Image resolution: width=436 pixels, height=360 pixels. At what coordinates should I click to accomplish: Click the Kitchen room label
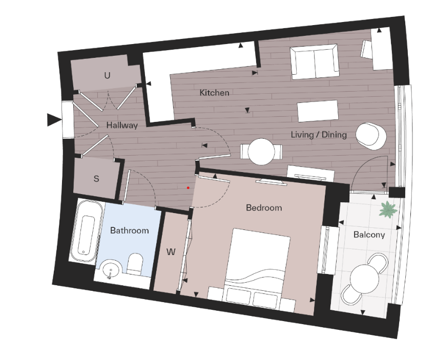214,93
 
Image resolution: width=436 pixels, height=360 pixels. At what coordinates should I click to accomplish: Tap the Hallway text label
122,125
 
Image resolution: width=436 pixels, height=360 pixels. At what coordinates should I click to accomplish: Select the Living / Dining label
318,135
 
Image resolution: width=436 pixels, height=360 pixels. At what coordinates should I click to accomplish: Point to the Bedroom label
264,207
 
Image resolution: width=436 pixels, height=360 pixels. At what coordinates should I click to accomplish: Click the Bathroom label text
129,230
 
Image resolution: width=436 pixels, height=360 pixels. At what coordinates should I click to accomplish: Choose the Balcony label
369,235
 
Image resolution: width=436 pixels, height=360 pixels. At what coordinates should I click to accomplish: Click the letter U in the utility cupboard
107,76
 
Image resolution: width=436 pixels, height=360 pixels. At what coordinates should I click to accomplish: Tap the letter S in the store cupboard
96,179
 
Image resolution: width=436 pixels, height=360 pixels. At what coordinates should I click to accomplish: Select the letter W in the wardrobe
172,252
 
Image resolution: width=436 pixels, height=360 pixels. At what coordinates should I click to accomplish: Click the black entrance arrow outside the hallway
54,120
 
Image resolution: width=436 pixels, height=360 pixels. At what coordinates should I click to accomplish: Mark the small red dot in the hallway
189,188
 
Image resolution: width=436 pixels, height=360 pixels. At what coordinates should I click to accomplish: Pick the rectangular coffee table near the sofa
318,111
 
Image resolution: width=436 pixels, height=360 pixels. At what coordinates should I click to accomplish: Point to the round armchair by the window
371,135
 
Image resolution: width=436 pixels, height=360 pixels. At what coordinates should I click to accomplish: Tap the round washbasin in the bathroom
110,269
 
